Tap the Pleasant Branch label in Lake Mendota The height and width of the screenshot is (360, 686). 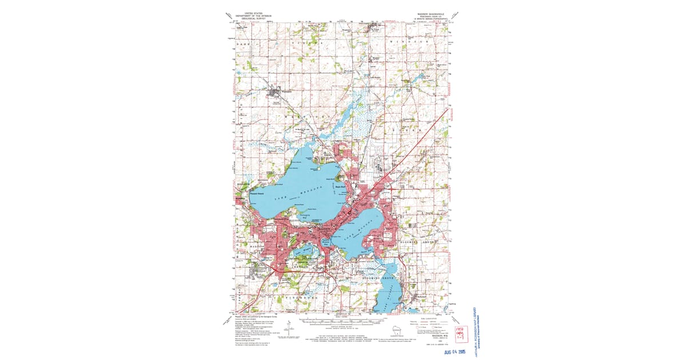click(256, 193)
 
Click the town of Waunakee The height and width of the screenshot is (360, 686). click(277, 91)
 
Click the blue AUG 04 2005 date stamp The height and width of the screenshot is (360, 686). click(460, 351)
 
